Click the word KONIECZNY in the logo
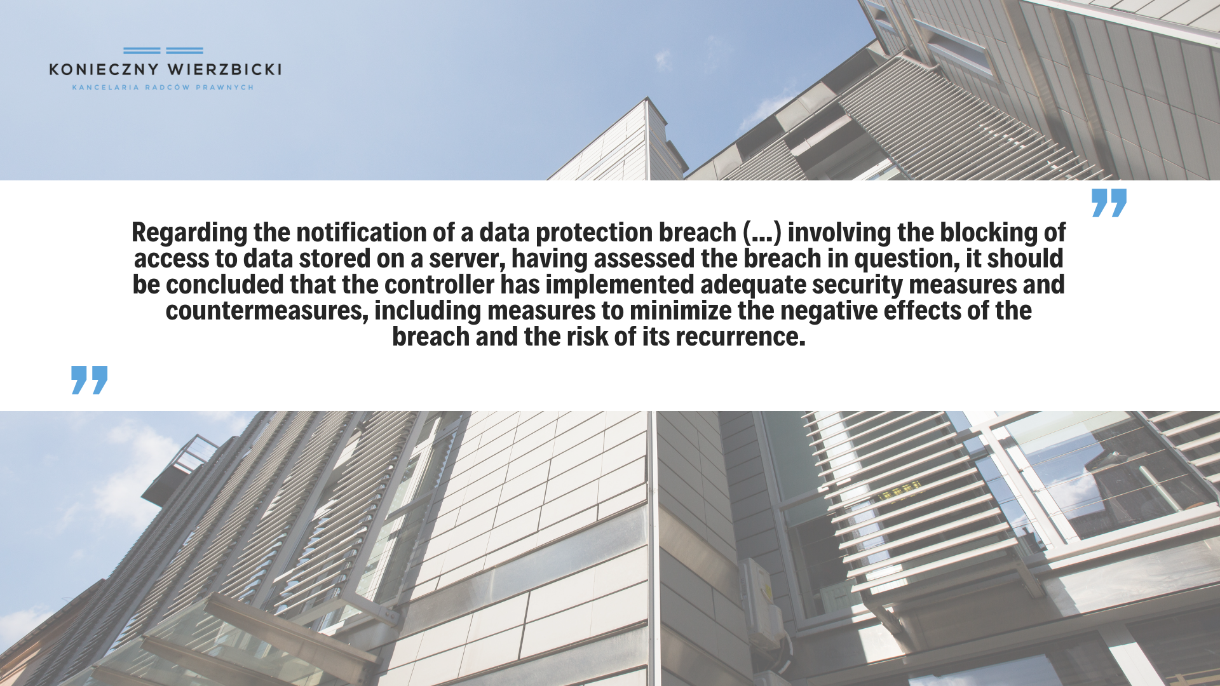(104, 69)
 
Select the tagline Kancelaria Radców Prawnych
(163, 87)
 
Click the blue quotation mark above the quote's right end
(1109, 203)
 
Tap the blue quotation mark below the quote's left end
(89, 380)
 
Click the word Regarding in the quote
(189, 233)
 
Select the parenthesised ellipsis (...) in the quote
(762, 233)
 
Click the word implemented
(620, 285)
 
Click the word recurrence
(740, 337)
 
